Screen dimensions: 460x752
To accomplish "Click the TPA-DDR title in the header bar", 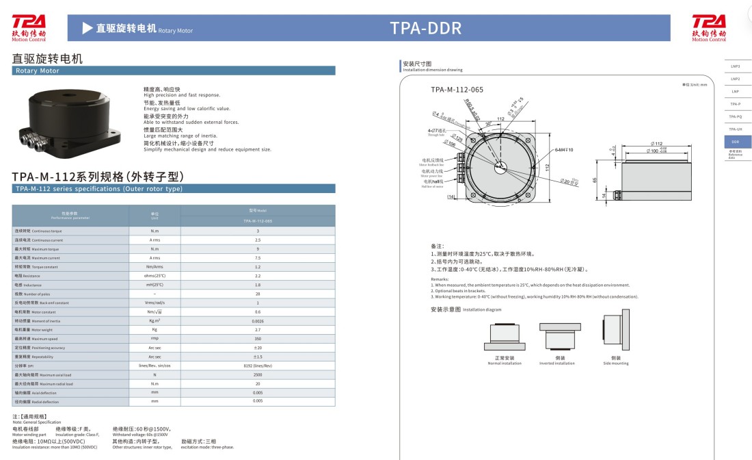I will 425,28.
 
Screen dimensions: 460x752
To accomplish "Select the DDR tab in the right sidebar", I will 735,141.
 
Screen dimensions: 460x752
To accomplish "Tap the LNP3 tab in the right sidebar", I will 735,66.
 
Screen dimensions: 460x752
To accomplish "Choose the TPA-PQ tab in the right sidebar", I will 735,116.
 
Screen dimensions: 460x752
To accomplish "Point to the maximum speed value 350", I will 258,338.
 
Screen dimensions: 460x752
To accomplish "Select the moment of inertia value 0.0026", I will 258,320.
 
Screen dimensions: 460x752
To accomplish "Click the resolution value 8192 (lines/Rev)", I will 258,366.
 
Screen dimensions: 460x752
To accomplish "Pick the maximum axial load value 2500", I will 258,374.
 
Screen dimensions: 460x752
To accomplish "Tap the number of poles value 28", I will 258,293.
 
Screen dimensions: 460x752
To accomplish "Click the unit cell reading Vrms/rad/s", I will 155,303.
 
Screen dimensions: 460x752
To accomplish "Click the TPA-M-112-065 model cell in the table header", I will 258,221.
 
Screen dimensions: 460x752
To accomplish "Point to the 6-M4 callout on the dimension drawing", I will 564,149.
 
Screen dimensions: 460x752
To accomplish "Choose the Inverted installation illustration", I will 556,335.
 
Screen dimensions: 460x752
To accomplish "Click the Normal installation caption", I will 504,361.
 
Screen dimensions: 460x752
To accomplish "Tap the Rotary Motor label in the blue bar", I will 37,71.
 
